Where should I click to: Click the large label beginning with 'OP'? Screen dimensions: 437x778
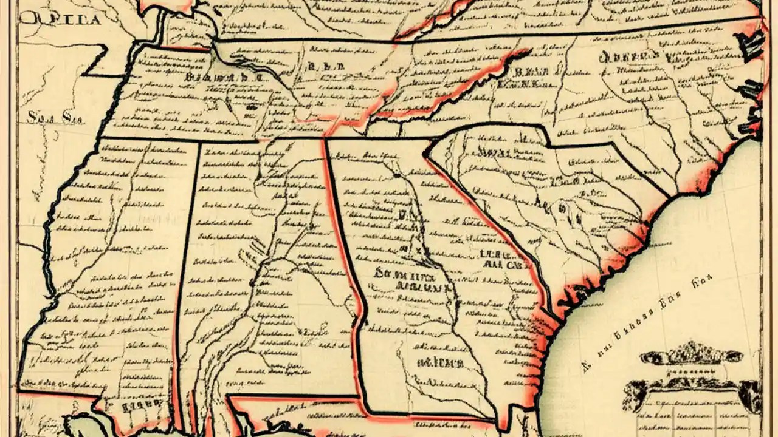(x=61, y=18)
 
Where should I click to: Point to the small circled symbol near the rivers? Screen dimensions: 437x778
(x=562, y=208)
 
